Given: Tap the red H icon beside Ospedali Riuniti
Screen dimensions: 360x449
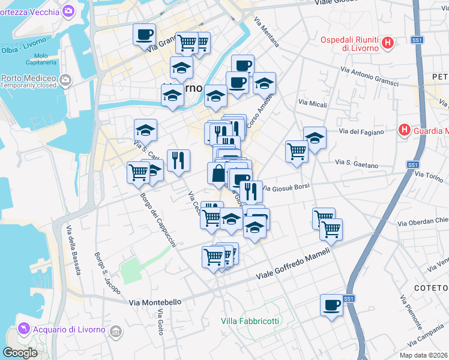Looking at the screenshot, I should (388, 43).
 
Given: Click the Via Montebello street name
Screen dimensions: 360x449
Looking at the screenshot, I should (155, 302).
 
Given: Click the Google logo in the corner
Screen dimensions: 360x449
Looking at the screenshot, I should (20, 352).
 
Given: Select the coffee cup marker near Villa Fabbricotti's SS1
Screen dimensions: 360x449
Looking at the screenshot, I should (331, 305).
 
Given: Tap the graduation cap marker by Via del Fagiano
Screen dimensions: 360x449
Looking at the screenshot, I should (314, 137).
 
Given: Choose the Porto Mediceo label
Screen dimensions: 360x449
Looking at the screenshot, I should (29, 78).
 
